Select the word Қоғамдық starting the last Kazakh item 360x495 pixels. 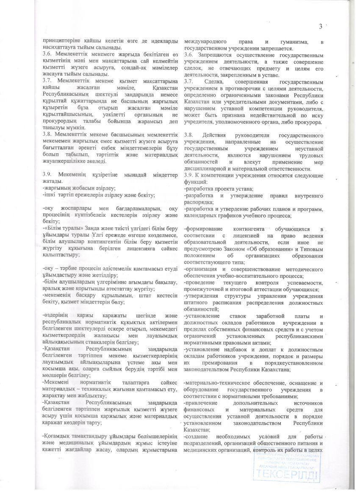(60, 437)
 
